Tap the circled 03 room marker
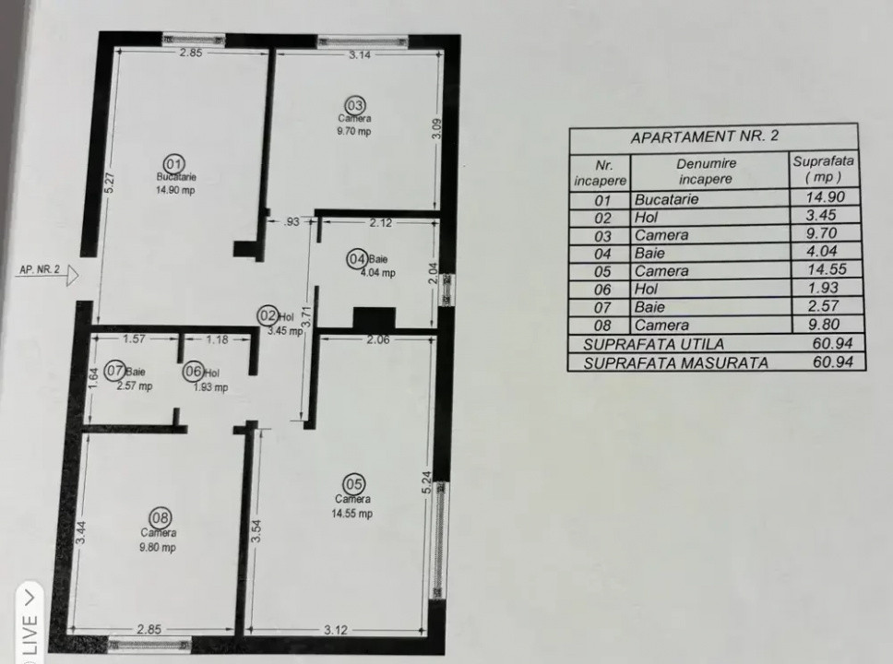(x=354, y=105)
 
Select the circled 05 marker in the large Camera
(x=353, y=484)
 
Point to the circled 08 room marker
(x=159, y=517)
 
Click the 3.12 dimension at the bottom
(x=335, y=630)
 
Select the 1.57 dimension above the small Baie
(x=135, y=339)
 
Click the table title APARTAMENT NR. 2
(x=705, y=136)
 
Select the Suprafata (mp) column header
(x=823, y=169)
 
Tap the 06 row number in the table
(x=603, y=290)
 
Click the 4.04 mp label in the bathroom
(x=377, y=273)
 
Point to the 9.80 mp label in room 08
(x=159, y=547)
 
